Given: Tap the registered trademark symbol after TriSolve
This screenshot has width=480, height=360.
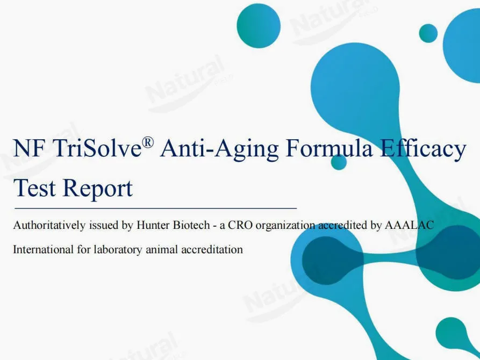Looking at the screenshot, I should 148,142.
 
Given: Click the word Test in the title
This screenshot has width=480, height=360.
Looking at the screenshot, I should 34,188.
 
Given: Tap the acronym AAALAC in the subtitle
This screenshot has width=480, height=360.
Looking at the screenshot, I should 410,226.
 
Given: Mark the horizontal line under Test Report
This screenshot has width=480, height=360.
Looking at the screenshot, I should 155,207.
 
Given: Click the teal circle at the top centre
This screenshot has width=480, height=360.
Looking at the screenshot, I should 259,26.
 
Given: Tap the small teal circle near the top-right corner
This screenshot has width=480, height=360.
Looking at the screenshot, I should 428,33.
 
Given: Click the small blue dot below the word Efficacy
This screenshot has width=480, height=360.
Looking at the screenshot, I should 339,162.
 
